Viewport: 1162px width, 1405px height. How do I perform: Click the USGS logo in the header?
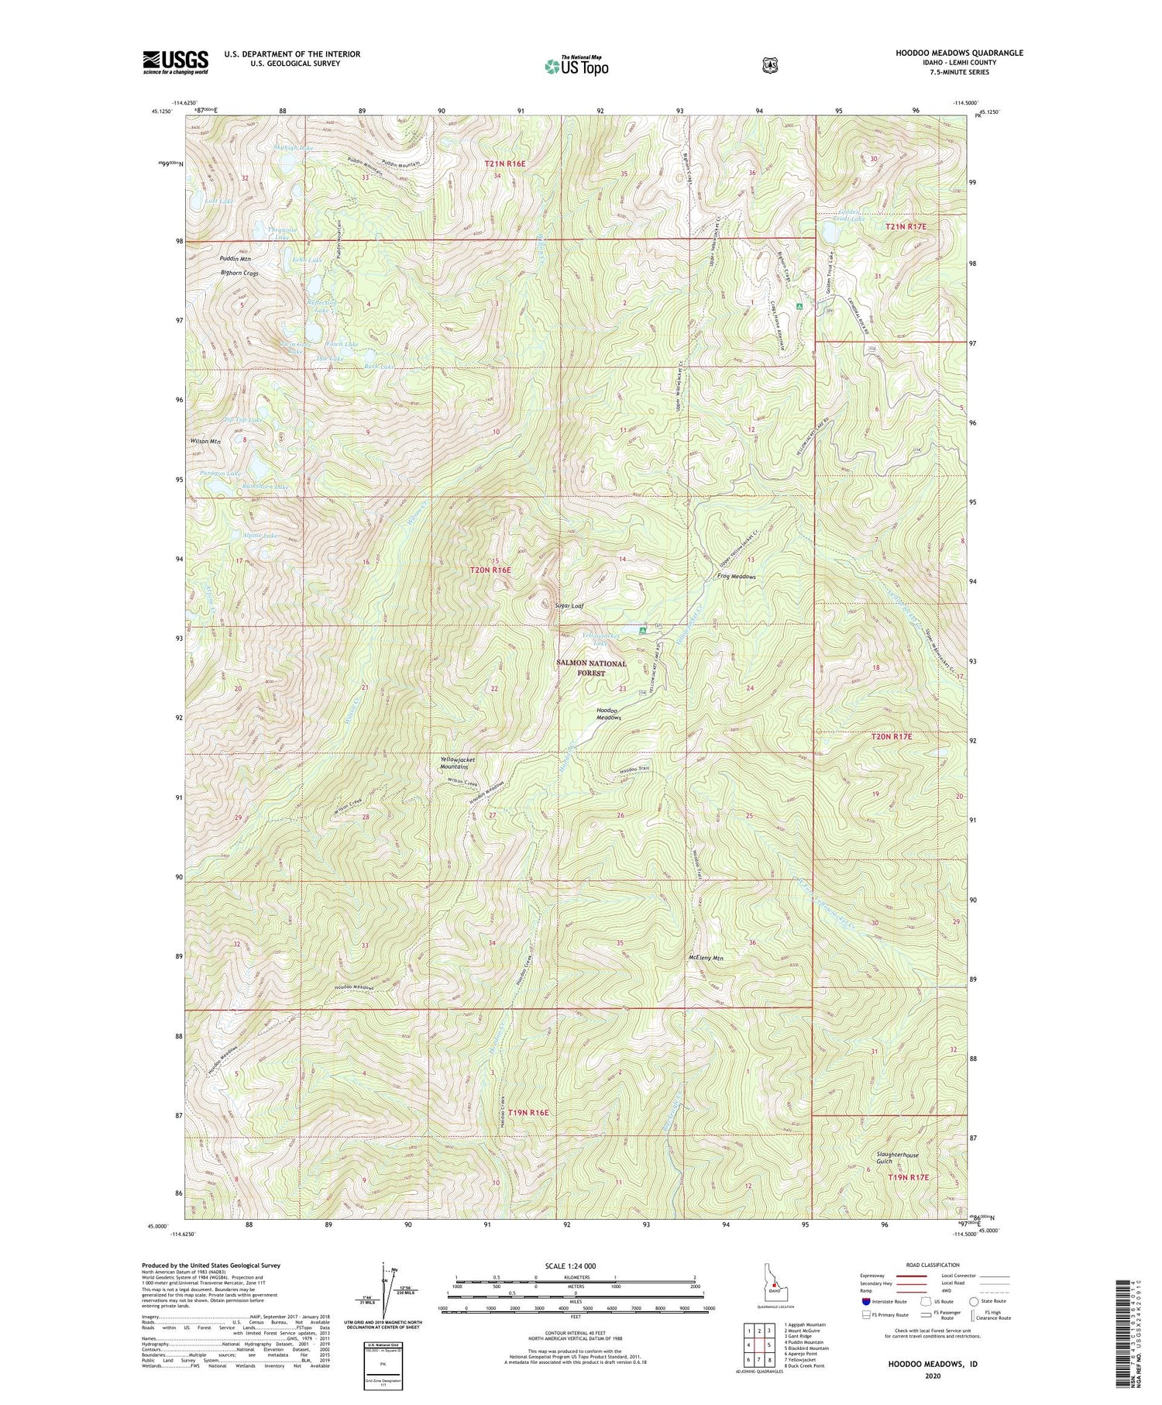(175, 62)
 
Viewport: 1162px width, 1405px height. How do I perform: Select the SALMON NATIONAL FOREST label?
(591, 669)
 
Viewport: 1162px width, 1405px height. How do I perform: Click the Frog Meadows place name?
(736, 577)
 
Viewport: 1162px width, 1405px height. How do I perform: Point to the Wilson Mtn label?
(205, 442)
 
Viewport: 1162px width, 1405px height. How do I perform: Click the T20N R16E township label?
(491, 570)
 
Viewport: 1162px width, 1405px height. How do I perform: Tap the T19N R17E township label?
(906, 1177)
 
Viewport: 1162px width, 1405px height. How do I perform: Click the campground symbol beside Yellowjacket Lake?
(642, 632)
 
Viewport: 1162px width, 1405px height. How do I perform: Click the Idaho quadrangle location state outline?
(772, 1284)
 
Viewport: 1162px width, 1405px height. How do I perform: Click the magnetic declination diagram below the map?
(385, 1296)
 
